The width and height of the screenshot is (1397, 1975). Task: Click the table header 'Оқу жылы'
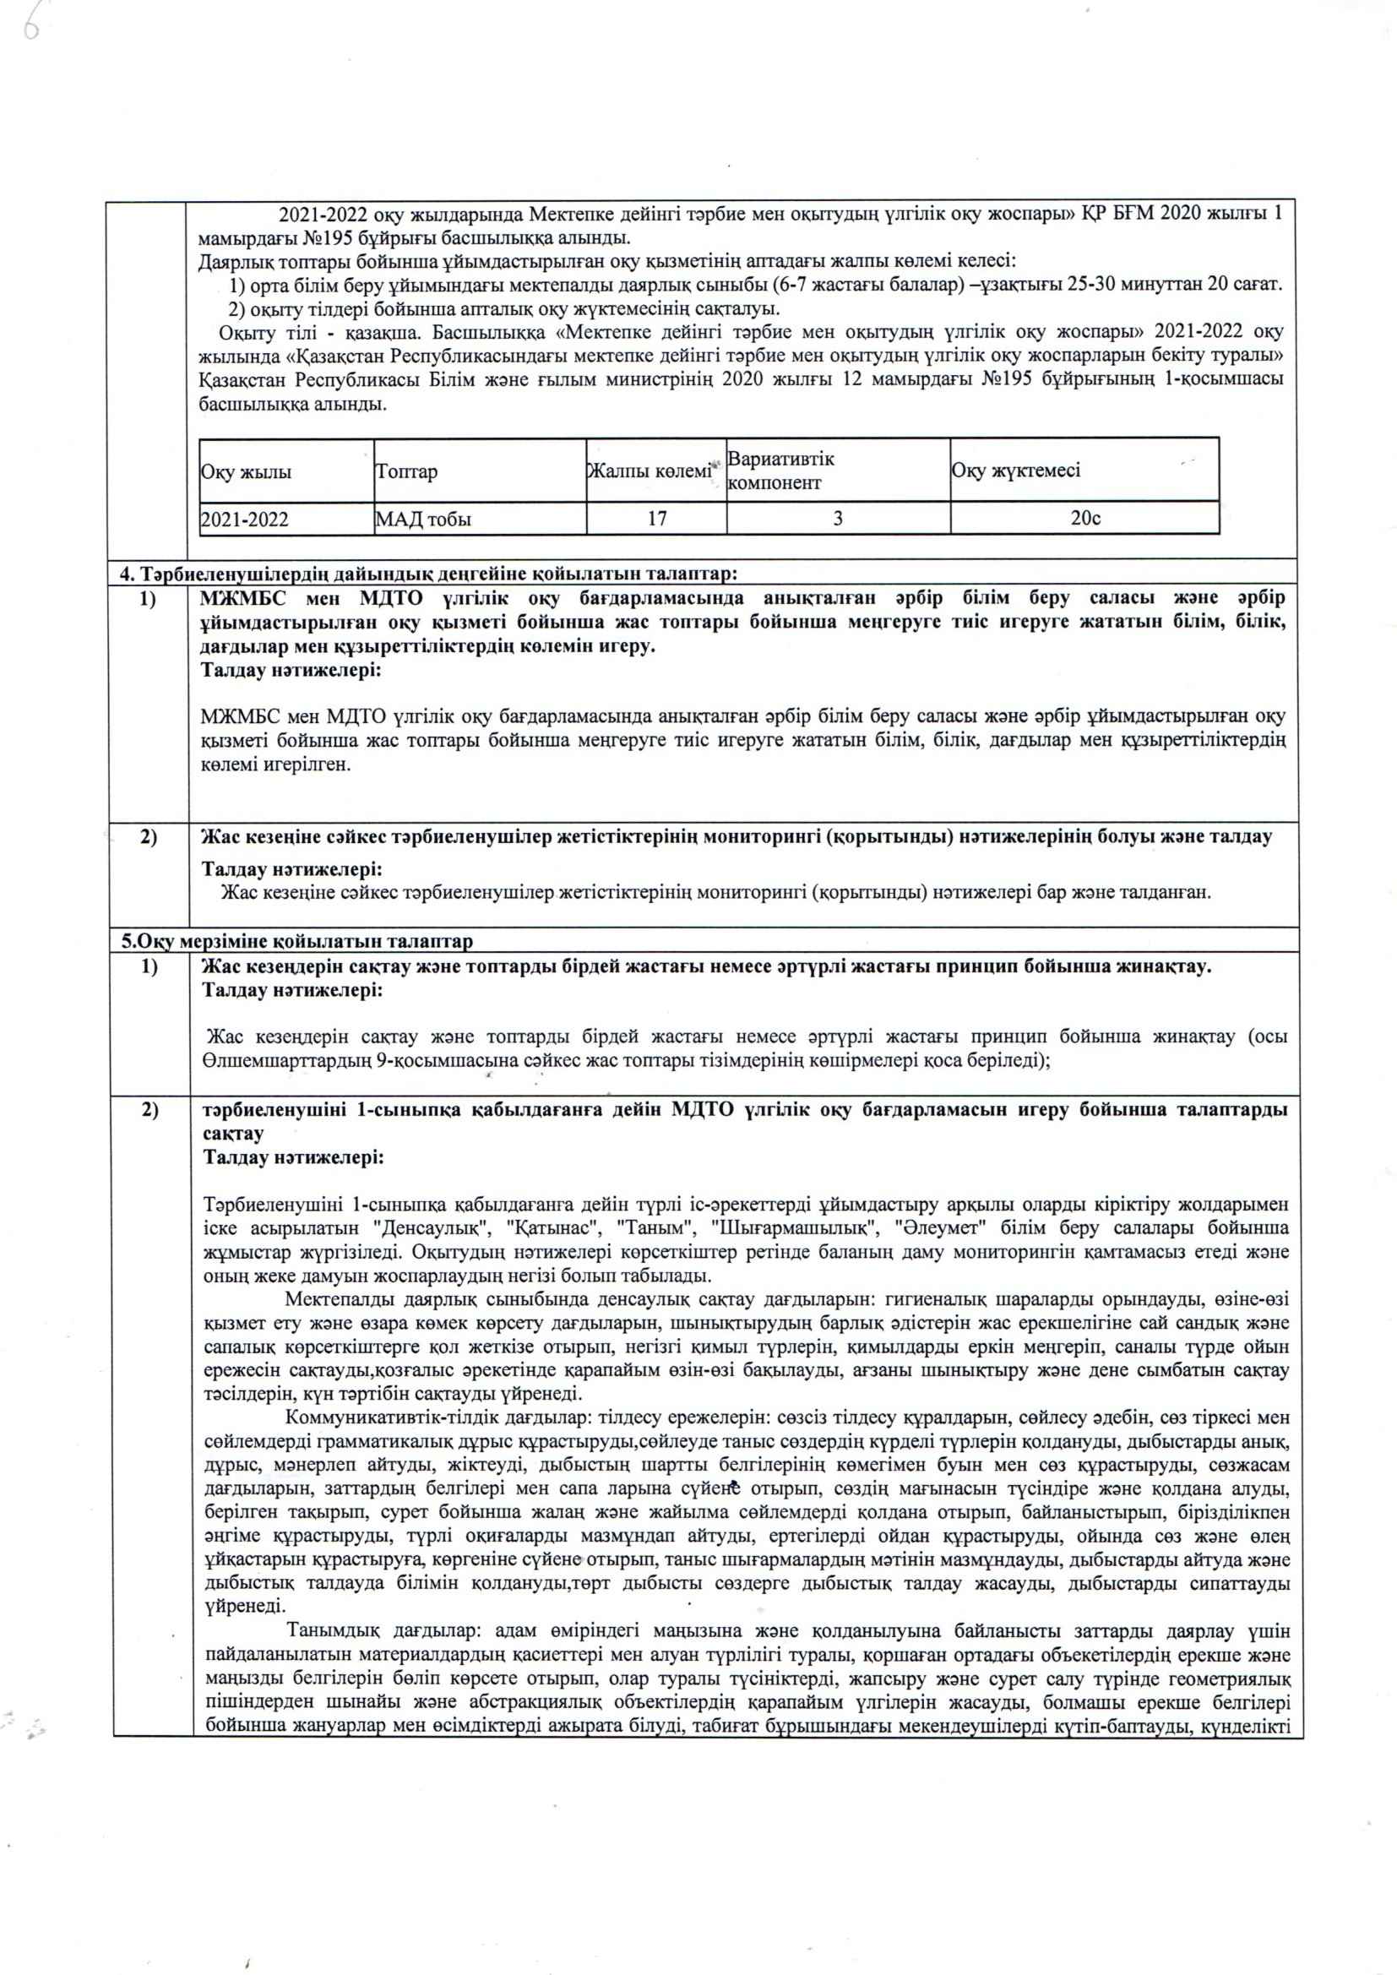click(246, 471)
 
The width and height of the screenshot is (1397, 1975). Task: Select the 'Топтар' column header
click(406, 471)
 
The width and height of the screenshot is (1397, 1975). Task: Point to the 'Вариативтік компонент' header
click(781, 471)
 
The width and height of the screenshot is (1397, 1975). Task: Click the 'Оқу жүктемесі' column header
click(1016, 471)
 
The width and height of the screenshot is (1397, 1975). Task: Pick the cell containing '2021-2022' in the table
click(244, 520)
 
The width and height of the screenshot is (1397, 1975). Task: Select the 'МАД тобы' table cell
click(423, 520)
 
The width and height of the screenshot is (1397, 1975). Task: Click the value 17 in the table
click(657, 519)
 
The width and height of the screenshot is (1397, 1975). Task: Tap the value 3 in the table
click(838, 519)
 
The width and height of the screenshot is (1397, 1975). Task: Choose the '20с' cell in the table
click(1085, 519)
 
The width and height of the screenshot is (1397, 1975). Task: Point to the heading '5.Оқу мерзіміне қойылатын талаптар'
click(296, 941)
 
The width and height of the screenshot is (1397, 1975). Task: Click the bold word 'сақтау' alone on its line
click(233, 1133)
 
